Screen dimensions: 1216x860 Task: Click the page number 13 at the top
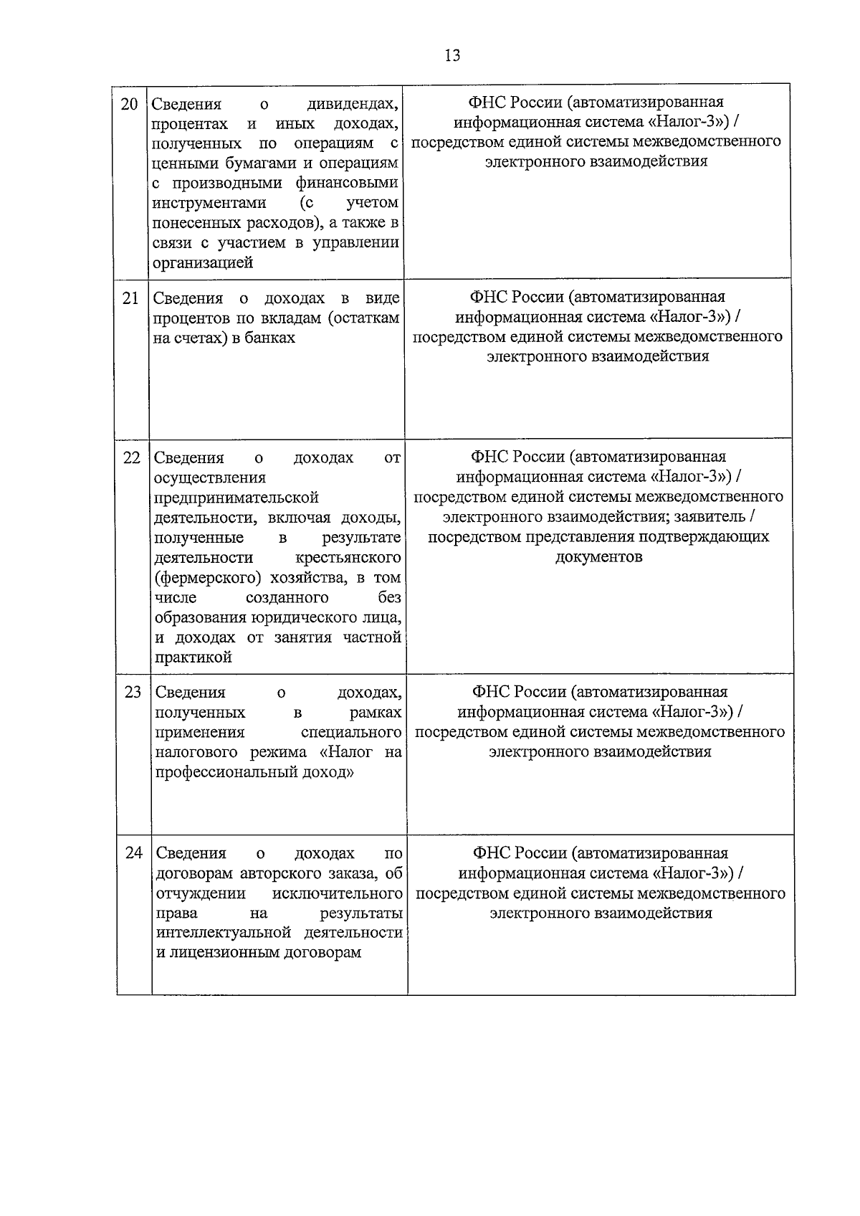coord(452,55)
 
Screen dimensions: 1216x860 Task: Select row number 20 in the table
coord(130,104)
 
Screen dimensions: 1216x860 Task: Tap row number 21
coord(130,298)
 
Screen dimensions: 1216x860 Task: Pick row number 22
coord(131,457)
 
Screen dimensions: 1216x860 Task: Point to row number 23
coord(133,693)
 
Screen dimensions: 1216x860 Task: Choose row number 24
coord(134,853)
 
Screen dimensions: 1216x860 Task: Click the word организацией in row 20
coord(203,263)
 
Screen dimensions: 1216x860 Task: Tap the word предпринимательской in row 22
coord(236,498)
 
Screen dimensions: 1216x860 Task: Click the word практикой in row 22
coord(193,657)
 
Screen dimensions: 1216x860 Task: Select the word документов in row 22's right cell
coord(598,557)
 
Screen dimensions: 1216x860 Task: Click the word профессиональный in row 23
coord(230,773)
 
